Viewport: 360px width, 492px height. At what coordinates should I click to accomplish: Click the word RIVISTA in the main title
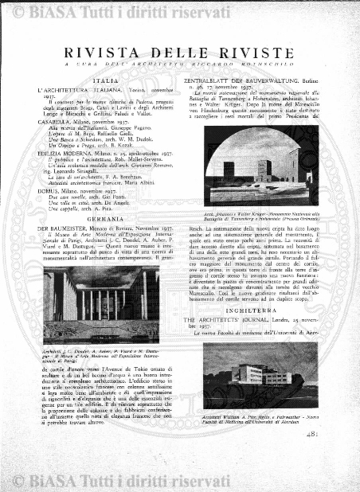click(x=104, y=53)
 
